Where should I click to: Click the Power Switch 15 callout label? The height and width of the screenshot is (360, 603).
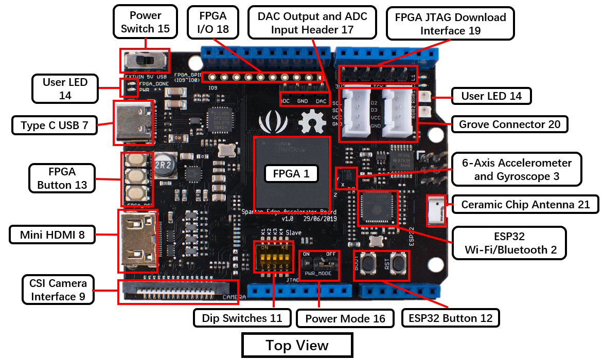click(145, 23)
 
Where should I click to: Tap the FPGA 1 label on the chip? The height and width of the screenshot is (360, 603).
click(291, 174)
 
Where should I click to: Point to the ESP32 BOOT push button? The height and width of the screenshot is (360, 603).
click(368, 265)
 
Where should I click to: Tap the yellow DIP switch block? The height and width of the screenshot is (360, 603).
click(274, 256)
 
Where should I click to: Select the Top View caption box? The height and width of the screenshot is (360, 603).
click(297, 346)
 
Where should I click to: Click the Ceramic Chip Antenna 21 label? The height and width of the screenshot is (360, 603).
click(525, 205)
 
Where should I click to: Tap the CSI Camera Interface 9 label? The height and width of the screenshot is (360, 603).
click(58, 290)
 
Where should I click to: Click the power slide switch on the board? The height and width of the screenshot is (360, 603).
click(145, 61)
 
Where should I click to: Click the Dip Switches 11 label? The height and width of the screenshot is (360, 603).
click(242, 318)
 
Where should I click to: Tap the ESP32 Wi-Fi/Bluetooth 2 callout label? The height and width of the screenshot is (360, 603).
click(509, 243)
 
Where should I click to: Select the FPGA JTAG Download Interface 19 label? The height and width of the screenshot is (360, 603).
click(450, 24)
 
